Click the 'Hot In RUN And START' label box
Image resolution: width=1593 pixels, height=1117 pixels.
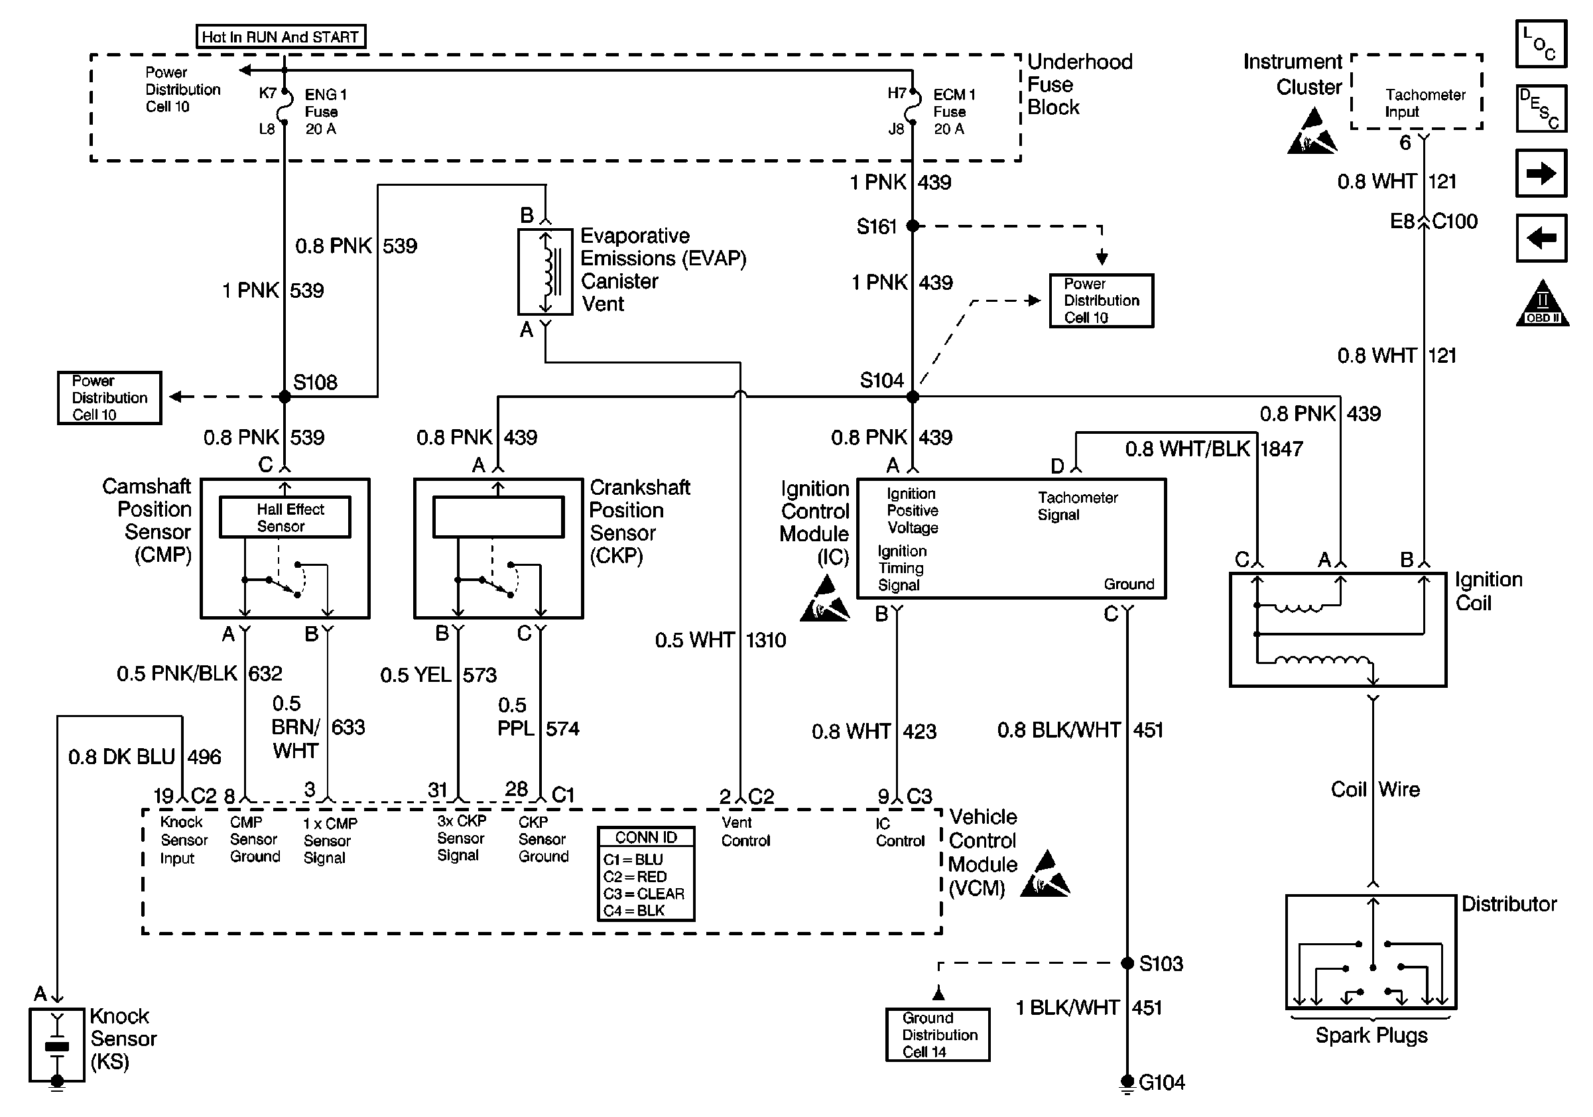point(281,36)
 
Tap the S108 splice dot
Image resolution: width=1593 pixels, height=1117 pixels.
point(285,397)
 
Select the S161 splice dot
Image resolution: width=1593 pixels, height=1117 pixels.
point(913,226)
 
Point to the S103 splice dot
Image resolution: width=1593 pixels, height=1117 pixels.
point(1127,963)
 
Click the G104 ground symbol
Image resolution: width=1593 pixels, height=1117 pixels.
point(1127,1083)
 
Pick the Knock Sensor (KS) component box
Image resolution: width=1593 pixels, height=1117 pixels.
point(57,1044)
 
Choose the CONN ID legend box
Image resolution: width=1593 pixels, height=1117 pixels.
point(646,874)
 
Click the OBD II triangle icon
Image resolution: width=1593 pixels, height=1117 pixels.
point(1542,303)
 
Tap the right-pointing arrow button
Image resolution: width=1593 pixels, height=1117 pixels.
point(1541,172)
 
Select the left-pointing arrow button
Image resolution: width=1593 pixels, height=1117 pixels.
point(1541,238)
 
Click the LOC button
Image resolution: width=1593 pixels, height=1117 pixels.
point(1541,44)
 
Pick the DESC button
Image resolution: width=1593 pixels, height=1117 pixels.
point(1541,108)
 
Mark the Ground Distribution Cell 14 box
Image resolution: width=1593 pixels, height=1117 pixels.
point(938,1035)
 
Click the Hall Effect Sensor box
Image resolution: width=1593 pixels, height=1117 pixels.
point(285,517)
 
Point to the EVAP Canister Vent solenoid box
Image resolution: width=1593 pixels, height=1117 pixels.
point(545,272)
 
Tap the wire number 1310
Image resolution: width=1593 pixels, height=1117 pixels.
point(766,639)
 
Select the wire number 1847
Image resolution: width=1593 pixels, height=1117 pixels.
point(1281,449)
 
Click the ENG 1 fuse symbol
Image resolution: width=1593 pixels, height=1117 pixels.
point(284,111)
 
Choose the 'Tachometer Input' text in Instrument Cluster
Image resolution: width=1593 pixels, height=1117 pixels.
point(1425,103)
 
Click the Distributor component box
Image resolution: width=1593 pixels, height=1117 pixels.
point(1371,952)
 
